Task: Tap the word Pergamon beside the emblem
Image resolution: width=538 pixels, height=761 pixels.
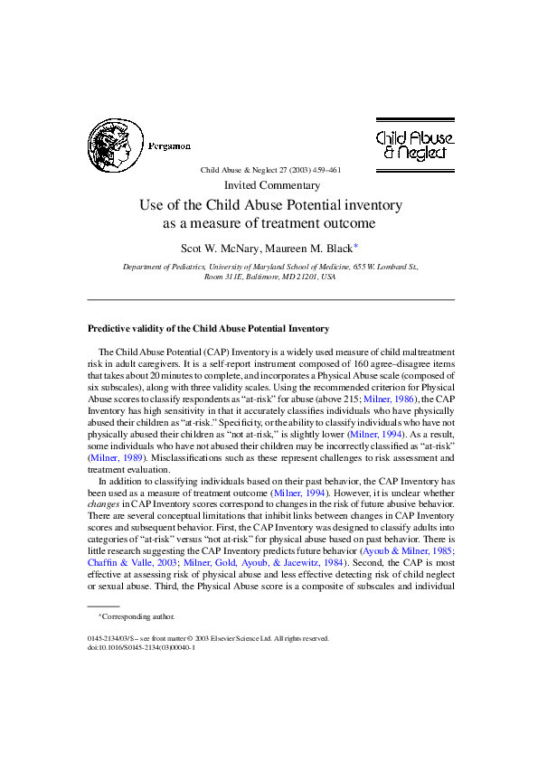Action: pyautogui.click(x=169, y=146)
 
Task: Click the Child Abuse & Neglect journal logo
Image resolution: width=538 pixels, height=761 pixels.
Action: pyautogui.click(x=415, y=145)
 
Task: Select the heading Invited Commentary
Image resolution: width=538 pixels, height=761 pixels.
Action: pyautogui.click(x=270, y=185)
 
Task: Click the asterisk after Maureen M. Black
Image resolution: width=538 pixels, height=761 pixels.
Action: pyautogui.click(x=356, y=244)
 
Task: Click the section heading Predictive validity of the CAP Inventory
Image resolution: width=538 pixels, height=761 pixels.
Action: pyautogui.click(x=208, y=328)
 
